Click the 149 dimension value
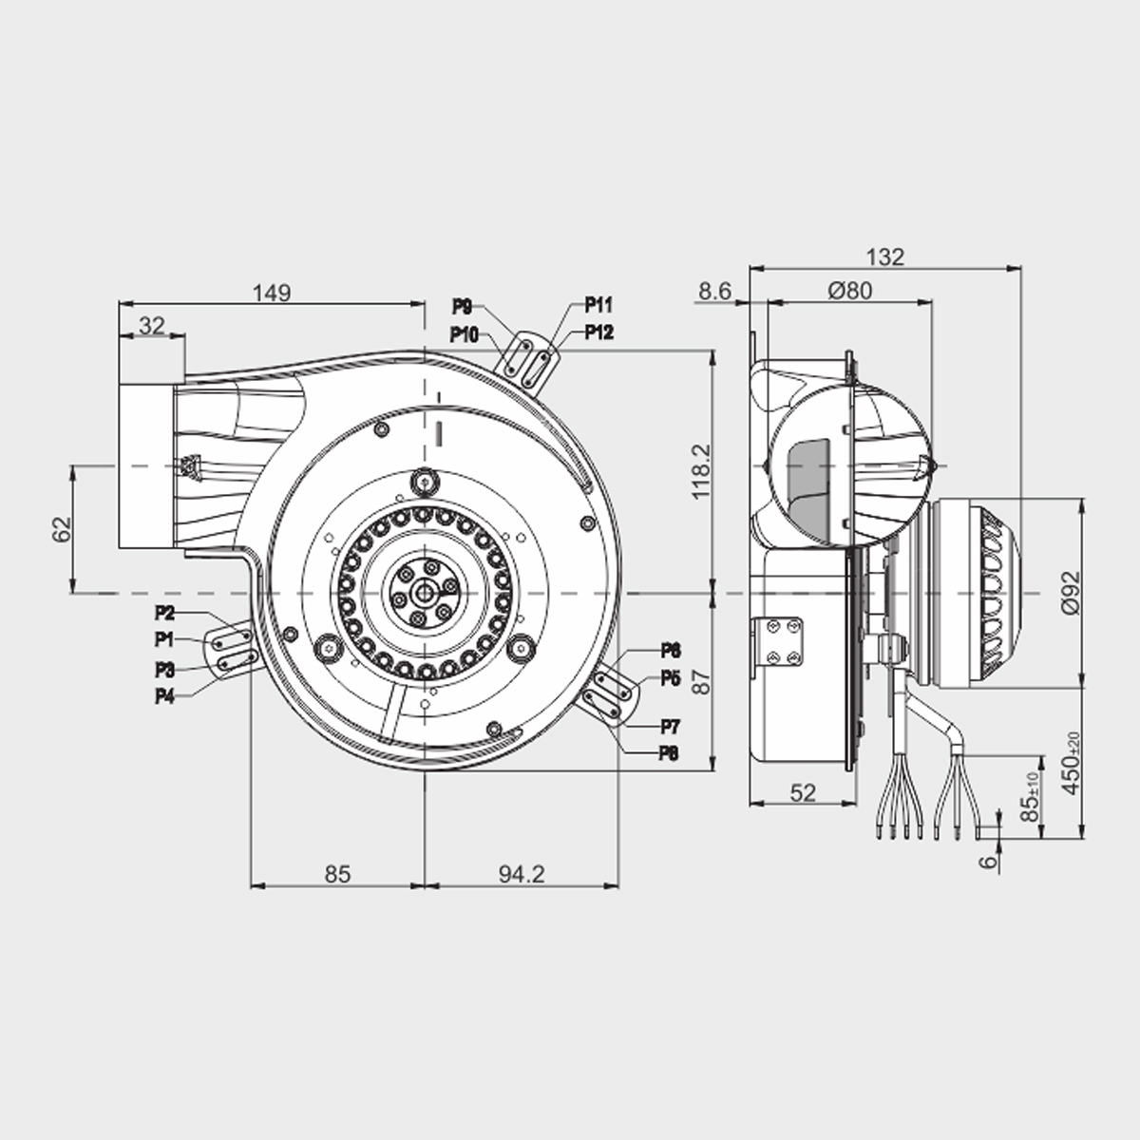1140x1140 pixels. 271,293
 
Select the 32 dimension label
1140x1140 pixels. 150,326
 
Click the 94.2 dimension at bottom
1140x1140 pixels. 521,873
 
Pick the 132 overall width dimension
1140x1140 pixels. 885,256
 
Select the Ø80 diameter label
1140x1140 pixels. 849,292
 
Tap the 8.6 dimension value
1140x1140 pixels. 713,292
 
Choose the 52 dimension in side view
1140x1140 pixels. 803,792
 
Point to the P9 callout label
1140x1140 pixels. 462,306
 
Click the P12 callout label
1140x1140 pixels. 598,332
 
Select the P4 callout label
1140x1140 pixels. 165,696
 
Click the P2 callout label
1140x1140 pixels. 165,613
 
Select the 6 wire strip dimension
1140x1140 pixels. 989,861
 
